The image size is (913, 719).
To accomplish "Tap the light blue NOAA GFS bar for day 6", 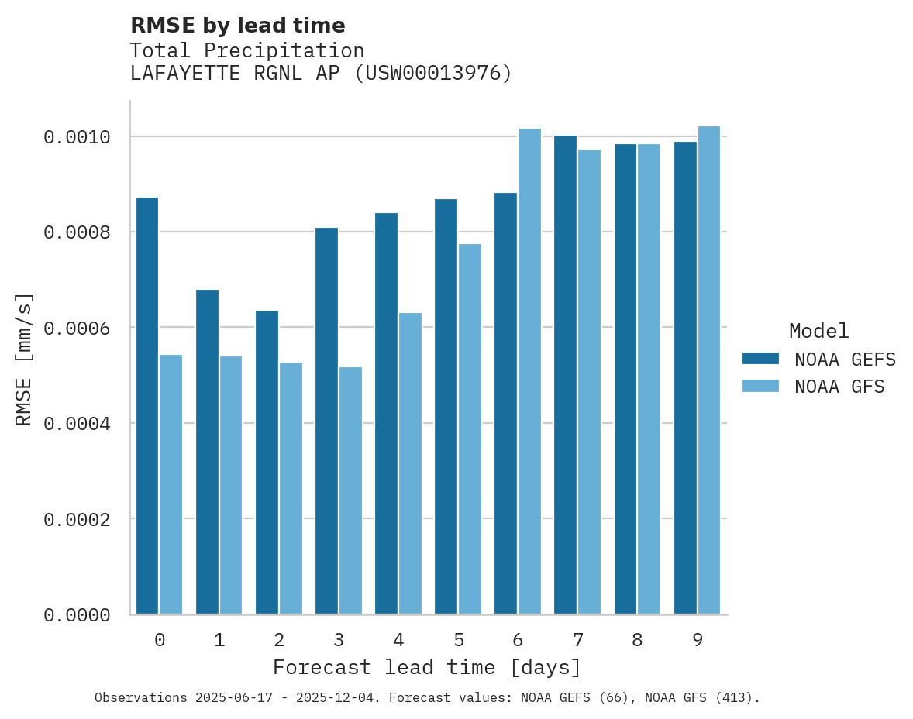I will [529, 371].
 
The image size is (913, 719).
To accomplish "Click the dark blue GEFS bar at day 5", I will [446, 406].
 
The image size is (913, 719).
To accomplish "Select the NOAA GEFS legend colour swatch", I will [760, 359].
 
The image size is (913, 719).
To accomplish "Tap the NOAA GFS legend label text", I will [839, 387].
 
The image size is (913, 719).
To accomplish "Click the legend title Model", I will [818, 331].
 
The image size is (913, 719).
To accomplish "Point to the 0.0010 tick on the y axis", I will [77, 137].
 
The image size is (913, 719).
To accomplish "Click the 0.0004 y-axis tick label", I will [77, 424].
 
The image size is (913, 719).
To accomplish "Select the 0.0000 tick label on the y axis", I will [77, 615].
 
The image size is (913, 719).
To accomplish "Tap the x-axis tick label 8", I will [637, 640].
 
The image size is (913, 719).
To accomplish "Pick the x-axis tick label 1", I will [219, 640].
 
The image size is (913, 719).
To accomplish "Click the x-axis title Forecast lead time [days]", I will [427, 667].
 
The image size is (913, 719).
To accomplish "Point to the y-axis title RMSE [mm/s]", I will [24, 359].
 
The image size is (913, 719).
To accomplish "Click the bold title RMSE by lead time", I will [237, 26].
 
